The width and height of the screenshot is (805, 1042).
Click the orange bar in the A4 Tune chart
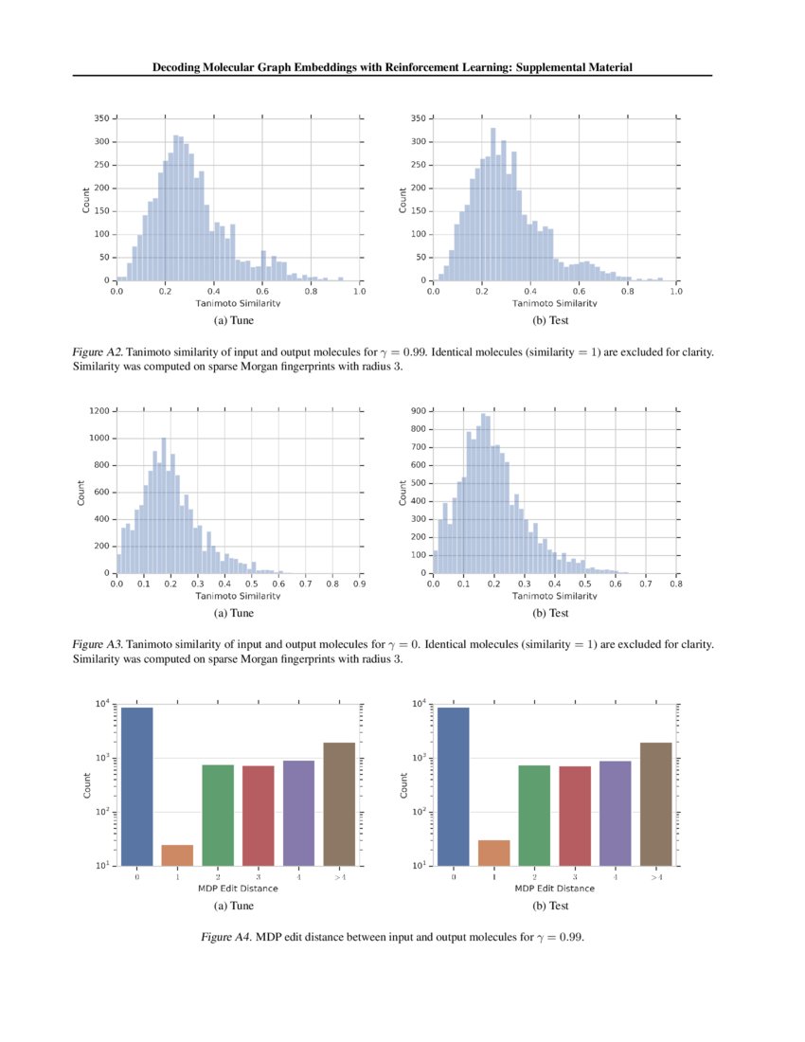[177, 854]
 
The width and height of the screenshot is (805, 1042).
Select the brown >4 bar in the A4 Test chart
[656, 804]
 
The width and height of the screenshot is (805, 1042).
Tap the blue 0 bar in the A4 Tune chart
[137, 786]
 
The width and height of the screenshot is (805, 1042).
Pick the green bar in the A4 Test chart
[534, 815]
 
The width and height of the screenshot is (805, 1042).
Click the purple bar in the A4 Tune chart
[298, 813]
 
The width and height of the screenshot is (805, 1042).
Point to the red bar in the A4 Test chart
[575, 816]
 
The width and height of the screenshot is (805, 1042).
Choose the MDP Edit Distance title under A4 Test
[555, 889]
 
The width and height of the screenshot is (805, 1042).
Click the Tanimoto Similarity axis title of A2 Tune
[238, 303]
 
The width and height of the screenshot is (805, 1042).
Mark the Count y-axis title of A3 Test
[403, 492]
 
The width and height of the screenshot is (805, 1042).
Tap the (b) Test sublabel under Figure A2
[553, 321]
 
